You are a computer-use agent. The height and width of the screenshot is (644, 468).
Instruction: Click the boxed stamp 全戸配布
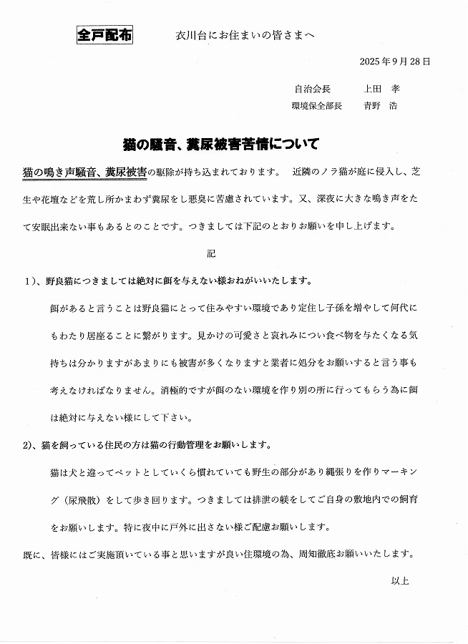pyautogui.click(x=104, y=36)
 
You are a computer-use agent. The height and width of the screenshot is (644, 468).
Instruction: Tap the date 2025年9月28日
pyautogui.click(x=395, y=62)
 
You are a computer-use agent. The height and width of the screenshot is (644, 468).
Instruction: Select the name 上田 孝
pyautogui.click(x=381, y=89)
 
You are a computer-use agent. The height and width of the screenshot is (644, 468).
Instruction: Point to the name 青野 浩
pyautogui.click(x=381, y=106)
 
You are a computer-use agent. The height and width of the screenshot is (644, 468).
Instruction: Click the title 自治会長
pyautogui.click(x=312, y=89)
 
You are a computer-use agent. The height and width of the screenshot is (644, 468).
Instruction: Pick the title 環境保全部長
pyautogui.click(x=317, y=106)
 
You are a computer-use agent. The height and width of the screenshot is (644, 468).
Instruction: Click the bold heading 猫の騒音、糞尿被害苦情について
pyautogui.click(x=220, y=144)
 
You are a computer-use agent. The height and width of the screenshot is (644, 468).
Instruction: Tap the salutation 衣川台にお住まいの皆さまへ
pyautogui.click(x=245, y=36)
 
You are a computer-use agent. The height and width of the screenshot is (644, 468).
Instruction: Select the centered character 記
pyautogui.click(x=210, y=254)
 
